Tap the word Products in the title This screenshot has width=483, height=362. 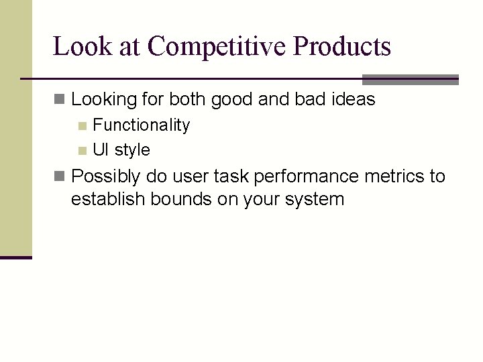[x=342, y=47]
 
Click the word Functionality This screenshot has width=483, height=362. [x=141, y=125]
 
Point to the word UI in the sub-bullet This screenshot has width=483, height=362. [x=101, y=149]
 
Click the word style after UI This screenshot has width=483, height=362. [x=132, y=149]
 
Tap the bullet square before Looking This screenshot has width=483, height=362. [x=60, y=101]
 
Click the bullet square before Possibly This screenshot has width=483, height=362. [x=60, y=177]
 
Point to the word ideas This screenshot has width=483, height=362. [x=353, y=100]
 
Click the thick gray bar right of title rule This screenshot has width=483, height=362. [x=410, y=79]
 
